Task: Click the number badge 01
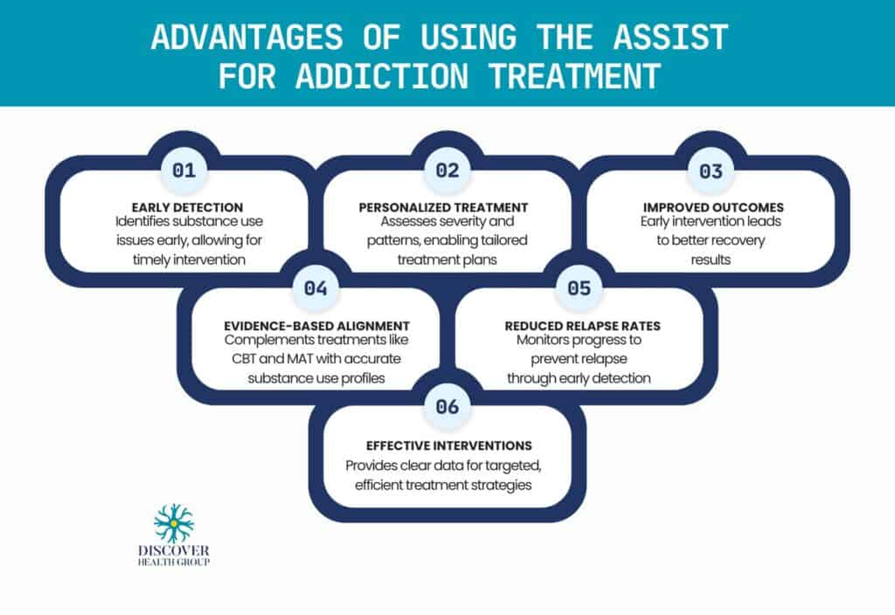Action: (184, 170)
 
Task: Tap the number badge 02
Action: (447, 170)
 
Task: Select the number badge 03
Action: (711, 170)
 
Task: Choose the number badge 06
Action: (447, 405)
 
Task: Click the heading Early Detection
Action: (183, 207)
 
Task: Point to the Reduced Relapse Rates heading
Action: (582, 325)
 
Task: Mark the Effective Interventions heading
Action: (447, 445)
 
